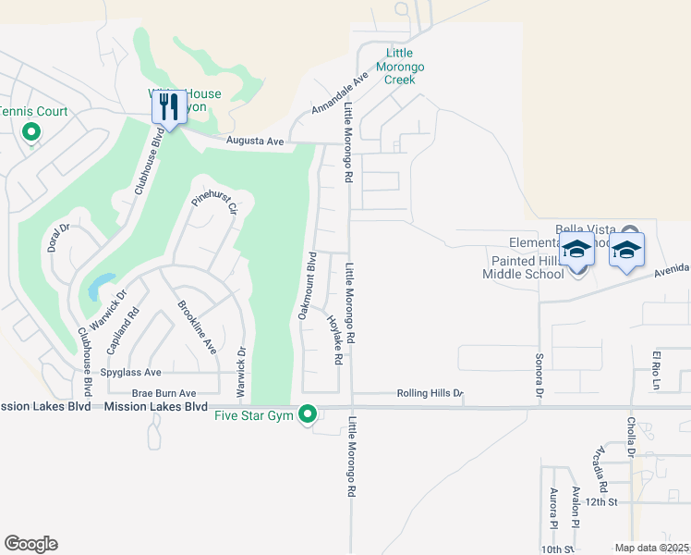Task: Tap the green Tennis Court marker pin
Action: tap(30, 133)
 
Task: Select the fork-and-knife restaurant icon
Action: tap(168, 106)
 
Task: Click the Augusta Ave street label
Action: tap(256, 141)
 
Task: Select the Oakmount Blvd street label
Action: tap(307, 286)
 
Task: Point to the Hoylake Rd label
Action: tap(334, 339)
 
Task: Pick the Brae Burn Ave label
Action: tap(164, 393)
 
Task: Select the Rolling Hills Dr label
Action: tap(429, 393)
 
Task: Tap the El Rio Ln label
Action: tap(657, 371)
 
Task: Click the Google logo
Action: tap(30, 544)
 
